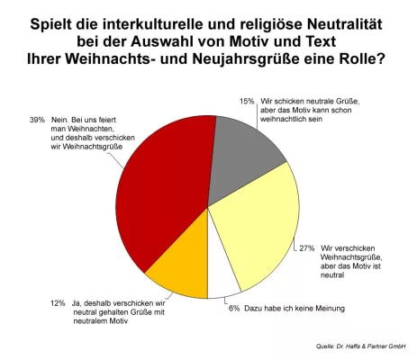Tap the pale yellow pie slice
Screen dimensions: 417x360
258,228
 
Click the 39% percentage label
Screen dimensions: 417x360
37,120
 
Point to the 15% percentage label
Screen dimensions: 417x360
247,102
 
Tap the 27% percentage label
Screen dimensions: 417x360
307,248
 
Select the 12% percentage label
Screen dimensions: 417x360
58,303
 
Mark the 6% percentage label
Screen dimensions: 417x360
234,309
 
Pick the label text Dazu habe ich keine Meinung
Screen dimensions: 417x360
295,309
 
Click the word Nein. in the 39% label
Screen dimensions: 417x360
60,120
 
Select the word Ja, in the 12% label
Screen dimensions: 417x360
77,303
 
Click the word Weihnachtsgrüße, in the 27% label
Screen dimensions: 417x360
351,257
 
